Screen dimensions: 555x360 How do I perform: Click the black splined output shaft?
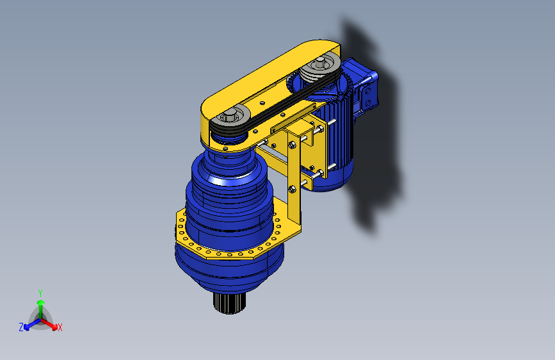229,303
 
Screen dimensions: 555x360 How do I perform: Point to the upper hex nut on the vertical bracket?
293,145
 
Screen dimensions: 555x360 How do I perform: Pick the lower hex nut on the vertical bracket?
292,189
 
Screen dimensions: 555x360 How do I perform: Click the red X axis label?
60,328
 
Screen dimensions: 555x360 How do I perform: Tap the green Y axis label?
40,293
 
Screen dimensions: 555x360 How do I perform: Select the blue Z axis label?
21,327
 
